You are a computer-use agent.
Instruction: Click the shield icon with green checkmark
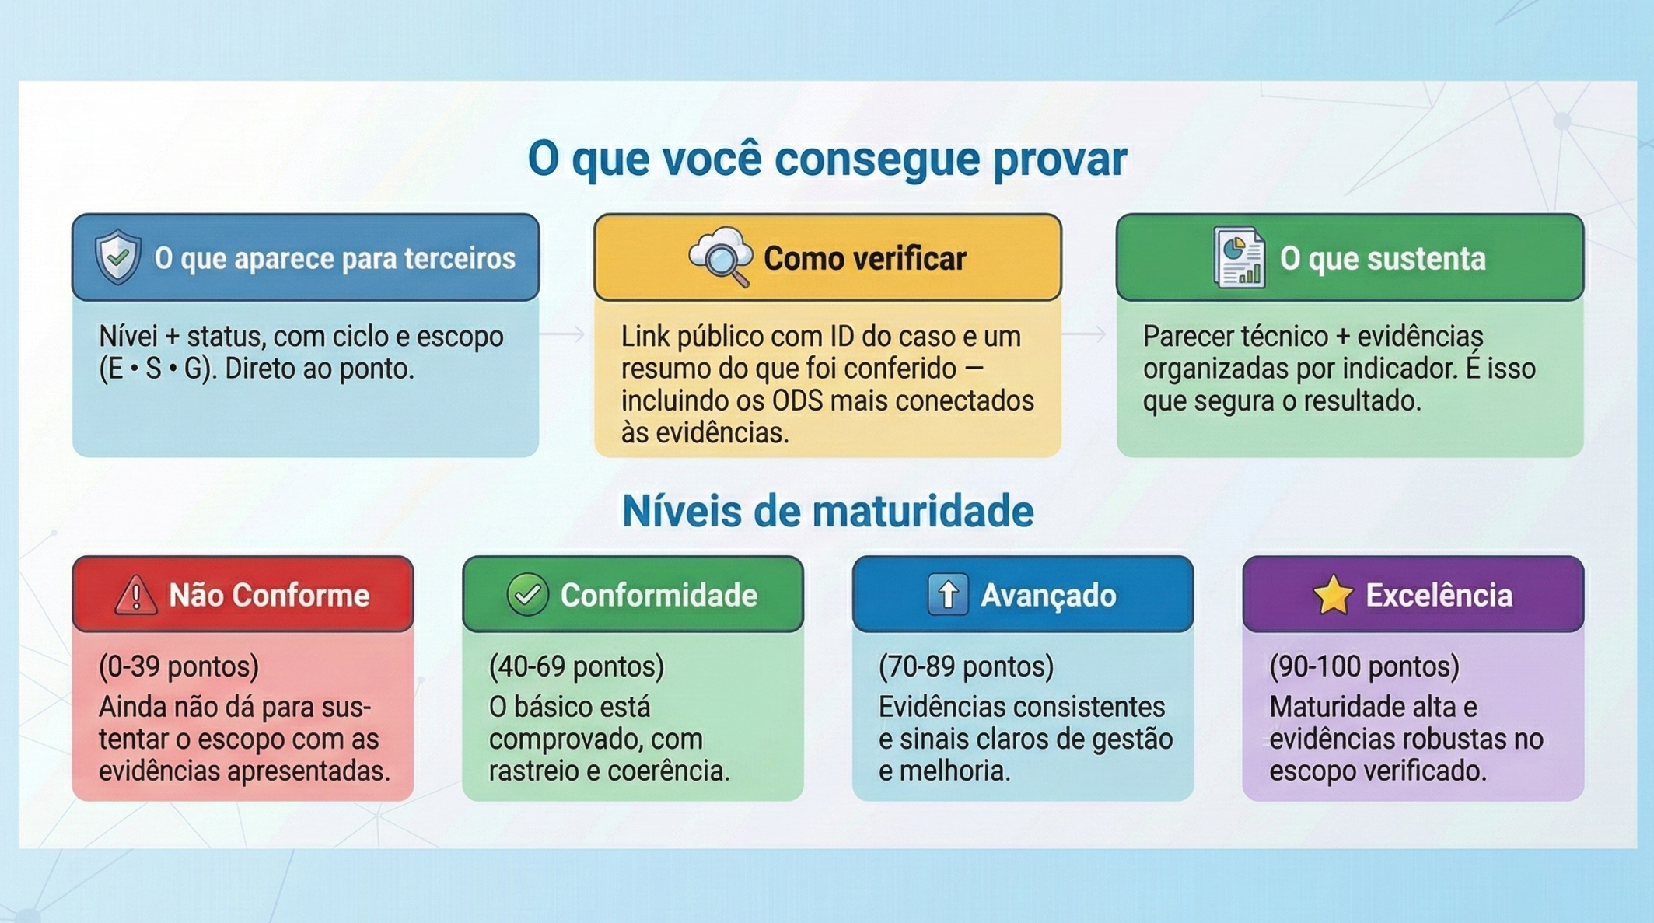coord(118,257)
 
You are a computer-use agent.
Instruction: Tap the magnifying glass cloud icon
coord(721,257)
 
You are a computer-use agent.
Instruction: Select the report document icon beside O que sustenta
coord(1240,257)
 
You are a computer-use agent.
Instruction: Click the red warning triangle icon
coord(136,596)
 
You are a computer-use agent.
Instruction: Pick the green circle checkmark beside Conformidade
coord(527,595)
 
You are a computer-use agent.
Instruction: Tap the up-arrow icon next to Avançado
coord(948,595)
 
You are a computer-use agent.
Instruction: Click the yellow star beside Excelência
coord(1333,595)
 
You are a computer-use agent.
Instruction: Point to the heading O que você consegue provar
coord(827,159)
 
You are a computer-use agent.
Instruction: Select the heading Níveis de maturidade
coord(827,512)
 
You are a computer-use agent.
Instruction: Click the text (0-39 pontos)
coord(179,666)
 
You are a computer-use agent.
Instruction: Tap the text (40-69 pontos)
coord(576,666)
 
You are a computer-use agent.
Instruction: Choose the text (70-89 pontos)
coord(966,666)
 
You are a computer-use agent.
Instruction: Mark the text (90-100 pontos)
coord(1364,666)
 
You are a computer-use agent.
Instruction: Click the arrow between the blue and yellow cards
coord(563,334)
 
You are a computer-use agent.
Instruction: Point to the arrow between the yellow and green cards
coord(1085,334)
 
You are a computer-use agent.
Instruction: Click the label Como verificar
coord(864,259)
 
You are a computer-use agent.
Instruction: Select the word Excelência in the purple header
coord(1439,596)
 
